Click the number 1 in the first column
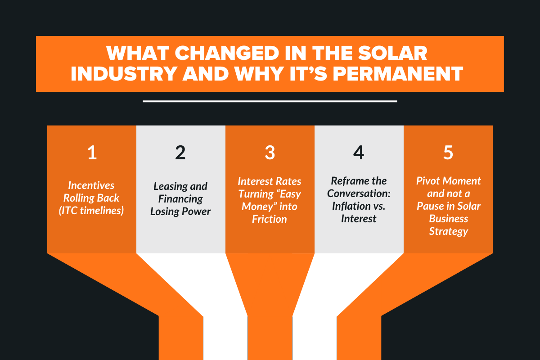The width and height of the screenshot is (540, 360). tap(92, 153)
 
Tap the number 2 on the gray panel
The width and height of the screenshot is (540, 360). tap(180, 153)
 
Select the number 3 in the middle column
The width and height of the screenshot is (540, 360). tap(270, 153)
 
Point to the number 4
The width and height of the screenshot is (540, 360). tap(358, 153)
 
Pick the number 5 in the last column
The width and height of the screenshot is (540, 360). tap(448, 153)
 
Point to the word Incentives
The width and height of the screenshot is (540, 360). tap(91, 185)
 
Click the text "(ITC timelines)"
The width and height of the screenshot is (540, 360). tap(91, 210)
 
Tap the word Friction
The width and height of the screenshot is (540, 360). tap(270, 219)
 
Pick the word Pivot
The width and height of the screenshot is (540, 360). tap(429, 181)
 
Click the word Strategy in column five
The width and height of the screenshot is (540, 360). tap(448, 231)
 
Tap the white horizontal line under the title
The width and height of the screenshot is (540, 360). tap(270, 101)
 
